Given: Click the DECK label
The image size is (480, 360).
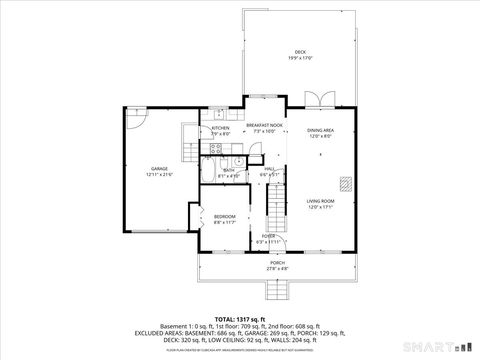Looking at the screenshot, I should click(299, 54).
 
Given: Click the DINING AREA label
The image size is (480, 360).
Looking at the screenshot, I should click(320, 132).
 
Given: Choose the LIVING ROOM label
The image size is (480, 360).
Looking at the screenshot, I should click(320, 204).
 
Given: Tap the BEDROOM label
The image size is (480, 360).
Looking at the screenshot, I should click(224, 218).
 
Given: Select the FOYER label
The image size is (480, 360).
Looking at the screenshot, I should click(269, 238).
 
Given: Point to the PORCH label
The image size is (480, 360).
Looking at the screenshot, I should click(277, 265).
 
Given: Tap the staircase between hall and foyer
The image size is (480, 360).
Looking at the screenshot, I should click(277, 205).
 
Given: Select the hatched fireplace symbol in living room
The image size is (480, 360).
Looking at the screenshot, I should click(345, 183).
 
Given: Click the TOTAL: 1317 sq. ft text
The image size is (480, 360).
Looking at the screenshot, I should click(239, 318).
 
